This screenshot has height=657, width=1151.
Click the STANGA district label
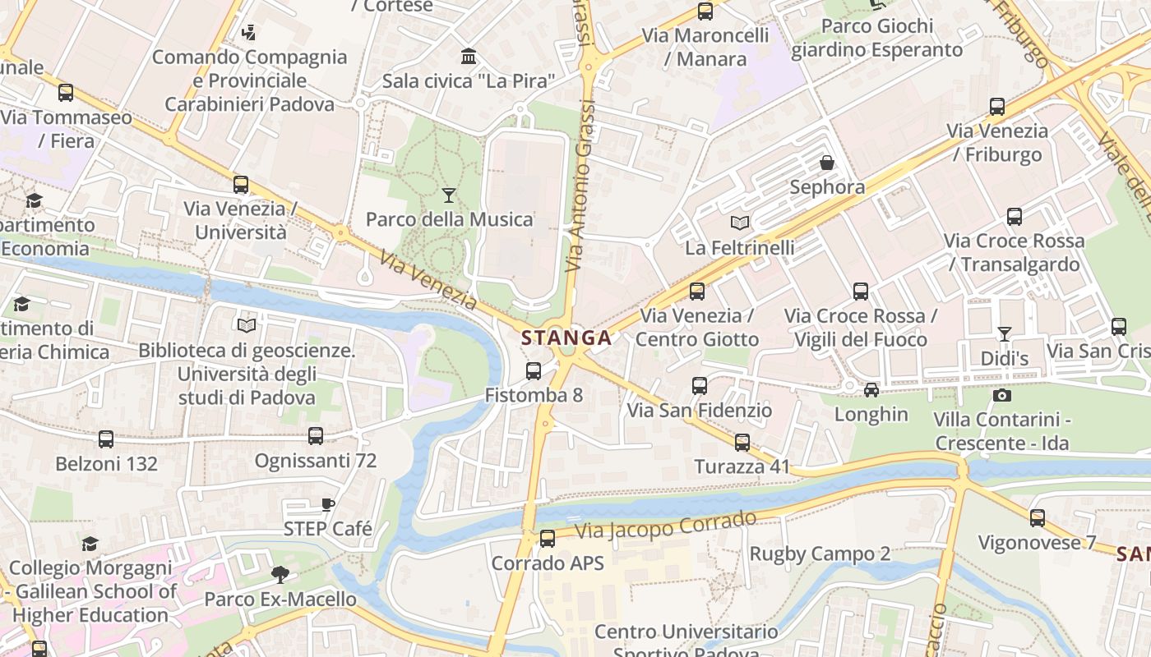coord(566,338)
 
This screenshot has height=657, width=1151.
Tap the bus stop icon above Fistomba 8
coord(534,371)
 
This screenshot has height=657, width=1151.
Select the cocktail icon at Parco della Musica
coord(449,195)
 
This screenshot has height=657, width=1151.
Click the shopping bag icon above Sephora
coord(827,163)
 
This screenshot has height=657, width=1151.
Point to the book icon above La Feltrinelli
coord(740,223)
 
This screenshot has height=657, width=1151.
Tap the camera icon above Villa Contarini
coord(1001,396)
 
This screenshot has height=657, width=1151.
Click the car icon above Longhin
coord(871,390)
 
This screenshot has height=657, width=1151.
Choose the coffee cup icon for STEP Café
coord(328,505)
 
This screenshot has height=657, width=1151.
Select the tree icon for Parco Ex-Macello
coord(280,575)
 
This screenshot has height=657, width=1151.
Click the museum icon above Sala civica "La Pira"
coord(469,57)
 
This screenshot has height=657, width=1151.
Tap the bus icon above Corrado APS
coord(548,540)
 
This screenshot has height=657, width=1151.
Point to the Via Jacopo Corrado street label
coord(665,525)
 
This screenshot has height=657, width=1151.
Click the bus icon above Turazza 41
coord(742,443)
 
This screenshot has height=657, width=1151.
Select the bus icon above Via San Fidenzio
coord(700,386)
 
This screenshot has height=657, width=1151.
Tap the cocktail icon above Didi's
coord(1005,334)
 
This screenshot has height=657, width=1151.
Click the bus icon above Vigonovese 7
coord(1038,518)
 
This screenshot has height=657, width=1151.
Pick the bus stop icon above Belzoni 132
coord(106,439)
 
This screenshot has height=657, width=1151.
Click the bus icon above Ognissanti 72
coord(316,437)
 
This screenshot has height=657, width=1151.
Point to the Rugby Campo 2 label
coord(820,554)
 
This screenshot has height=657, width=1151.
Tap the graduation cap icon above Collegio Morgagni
coord(90,544)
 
